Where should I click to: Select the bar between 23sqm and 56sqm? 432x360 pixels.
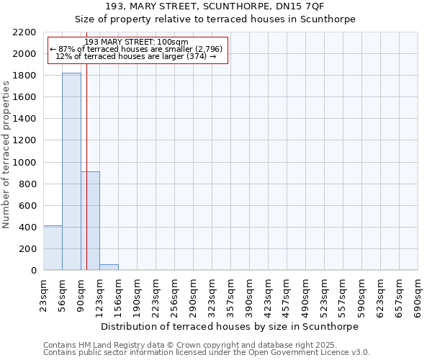53,248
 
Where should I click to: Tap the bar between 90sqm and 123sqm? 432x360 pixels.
91,220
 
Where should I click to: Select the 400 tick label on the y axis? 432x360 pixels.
29,228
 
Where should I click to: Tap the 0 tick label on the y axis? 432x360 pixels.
34,271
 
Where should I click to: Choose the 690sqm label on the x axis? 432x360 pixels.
418,294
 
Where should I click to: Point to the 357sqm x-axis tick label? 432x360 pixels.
231,294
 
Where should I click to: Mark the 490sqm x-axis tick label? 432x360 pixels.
306,294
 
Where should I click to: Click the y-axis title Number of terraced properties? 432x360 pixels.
7,154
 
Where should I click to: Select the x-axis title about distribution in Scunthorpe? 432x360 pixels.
229,326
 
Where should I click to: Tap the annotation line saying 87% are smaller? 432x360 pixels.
137,49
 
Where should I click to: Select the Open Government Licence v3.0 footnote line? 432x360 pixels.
207,353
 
